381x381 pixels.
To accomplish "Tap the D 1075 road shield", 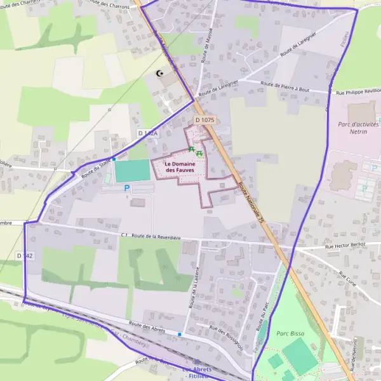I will point(205,119).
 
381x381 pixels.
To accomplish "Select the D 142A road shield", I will point(147,133).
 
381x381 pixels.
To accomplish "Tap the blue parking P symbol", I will point(126,188).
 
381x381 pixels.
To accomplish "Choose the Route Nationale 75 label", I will point(251,203).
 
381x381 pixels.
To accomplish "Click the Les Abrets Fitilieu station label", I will point(197,373).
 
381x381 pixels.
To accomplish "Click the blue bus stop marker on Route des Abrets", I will point(180,334).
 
